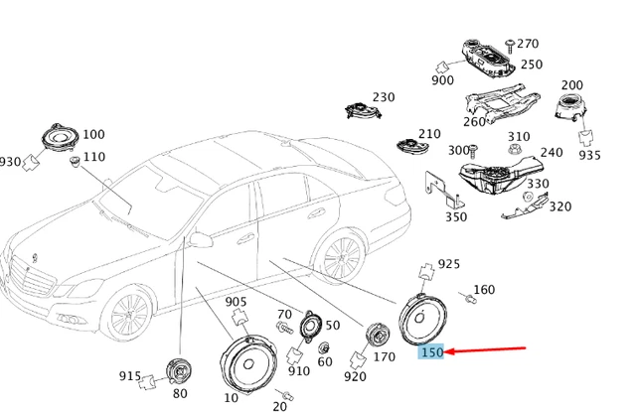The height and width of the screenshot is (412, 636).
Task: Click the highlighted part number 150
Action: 431,352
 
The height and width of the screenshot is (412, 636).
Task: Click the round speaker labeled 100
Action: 61,138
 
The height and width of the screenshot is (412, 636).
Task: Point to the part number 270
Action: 528,44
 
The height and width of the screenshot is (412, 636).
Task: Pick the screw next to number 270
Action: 510,46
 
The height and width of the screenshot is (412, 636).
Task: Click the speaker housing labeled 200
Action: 571,107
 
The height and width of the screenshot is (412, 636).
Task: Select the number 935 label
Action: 589,155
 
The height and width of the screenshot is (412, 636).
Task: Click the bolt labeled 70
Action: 284,327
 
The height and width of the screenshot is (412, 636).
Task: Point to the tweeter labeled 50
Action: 311,327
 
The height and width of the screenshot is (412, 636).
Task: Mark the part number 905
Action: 236,302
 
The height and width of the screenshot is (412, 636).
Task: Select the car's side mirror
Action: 201,239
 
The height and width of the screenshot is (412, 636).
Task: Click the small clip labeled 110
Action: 76,161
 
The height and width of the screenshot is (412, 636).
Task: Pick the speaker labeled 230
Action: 363,110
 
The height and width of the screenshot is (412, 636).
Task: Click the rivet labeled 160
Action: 469,298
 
